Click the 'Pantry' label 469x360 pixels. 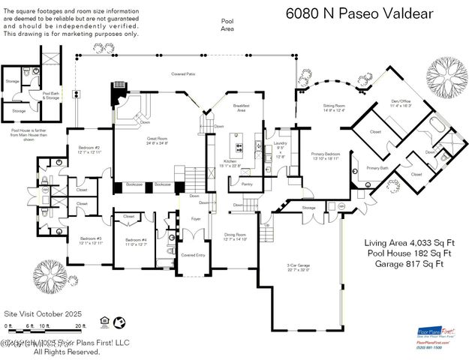(246, 184)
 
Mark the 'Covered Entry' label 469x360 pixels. (194, 255)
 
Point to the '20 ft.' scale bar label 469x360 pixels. (81, 325)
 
